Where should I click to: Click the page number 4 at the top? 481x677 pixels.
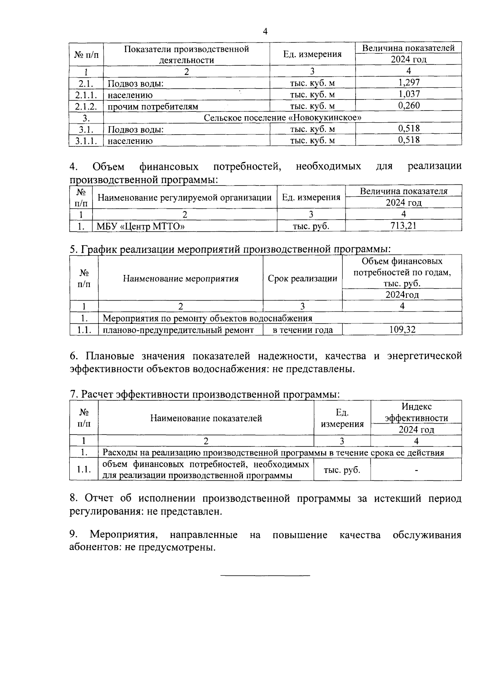point(265,31)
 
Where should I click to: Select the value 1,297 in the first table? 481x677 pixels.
point(409,83)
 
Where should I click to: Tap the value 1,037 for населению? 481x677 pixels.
point(409,94)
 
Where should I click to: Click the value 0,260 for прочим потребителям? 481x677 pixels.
point(409,106)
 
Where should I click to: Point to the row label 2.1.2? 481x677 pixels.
point(86,106)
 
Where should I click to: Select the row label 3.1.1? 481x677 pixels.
point(86,141)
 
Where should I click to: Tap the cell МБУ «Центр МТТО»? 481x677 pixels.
point(140,226)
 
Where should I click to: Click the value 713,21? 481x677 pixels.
point(403,226)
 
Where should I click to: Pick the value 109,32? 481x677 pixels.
point(402,329)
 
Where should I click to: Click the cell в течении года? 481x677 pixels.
point(303,330)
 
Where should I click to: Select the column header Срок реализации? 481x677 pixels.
point(302,279)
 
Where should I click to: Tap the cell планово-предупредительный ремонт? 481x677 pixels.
point(178,330)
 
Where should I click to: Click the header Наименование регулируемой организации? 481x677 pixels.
point(184,198)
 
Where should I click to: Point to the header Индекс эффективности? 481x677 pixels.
point(416,412)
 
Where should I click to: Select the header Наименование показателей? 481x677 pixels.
point(206,418)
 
